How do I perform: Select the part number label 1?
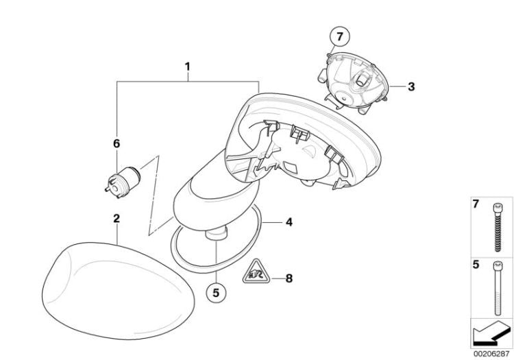pyautogui.click(x=187, y=68)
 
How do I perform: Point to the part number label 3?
pyautogui.click(x=411, y=87)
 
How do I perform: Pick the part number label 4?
pyautogui.click(x=289, y=222)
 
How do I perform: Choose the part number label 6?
pyautogui.click(x=117, y=143)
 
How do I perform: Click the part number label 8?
pyautogui.click(x=289, y=278)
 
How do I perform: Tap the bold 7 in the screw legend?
pyautogui.click(x=474, y=204)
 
